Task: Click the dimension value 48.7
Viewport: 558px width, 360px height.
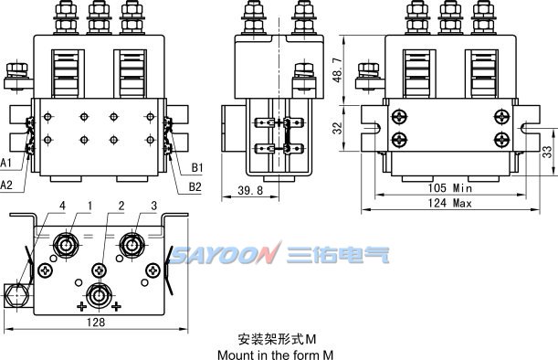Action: pyautogui.click(x=338, y=69)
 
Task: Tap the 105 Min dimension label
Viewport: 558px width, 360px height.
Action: pyautogui.click(x=449, y=187)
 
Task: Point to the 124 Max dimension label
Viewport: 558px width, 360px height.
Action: pyautogui.click(x=449, y=203)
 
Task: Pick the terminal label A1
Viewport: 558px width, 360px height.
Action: pyautogui.click(x=7, y=162)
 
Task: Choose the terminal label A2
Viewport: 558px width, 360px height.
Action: pyautogui.click(x=7, y=185)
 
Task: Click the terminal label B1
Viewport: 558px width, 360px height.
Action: pyautogui.click(x=197, y=168)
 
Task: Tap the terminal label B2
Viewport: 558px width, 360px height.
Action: pyautogui.click(x=195, y=186)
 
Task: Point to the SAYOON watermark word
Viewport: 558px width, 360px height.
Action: pyautogui.click(x=221, y=254)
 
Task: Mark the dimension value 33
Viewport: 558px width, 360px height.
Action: pyautogui.click(x=547, y=152)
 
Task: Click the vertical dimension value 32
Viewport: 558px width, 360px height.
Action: pyautogui.click(x=338, y=129)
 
